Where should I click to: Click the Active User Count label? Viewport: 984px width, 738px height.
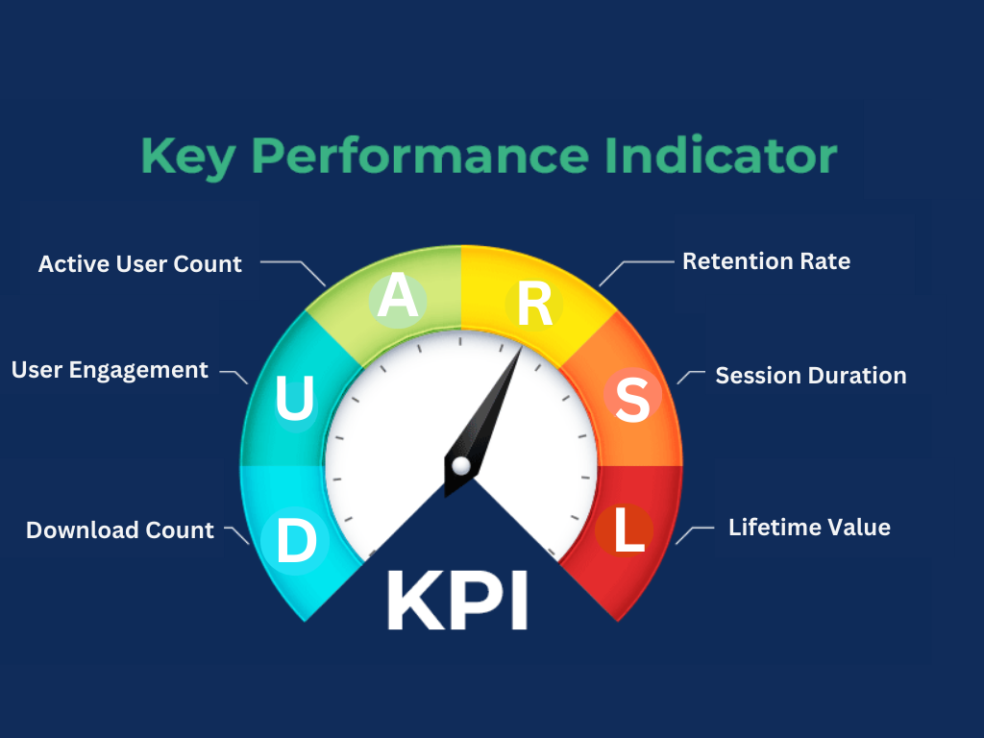pos(140,263)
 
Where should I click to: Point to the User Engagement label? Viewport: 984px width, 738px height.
pos(110,370)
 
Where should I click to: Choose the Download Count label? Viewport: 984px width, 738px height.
pos(120,529)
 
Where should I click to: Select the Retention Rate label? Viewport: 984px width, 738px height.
pos(766,260)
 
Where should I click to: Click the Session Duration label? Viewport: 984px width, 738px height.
pos(811,375)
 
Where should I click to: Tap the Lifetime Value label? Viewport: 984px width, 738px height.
pos(809,527)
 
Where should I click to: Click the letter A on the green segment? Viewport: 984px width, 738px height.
pos(398,297)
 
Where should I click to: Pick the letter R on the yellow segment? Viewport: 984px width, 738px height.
pos(534,303)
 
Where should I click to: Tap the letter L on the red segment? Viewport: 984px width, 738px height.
pos(628,531)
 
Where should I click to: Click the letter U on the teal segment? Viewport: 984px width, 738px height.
pos(294,400)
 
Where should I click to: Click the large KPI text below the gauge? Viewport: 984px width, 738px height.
pos(457,601)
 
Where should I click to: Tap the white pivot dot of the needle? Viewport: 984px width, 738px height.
pos(461,466)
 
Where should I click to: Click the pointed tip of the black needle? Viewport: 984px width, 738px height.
pos(520,348)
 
